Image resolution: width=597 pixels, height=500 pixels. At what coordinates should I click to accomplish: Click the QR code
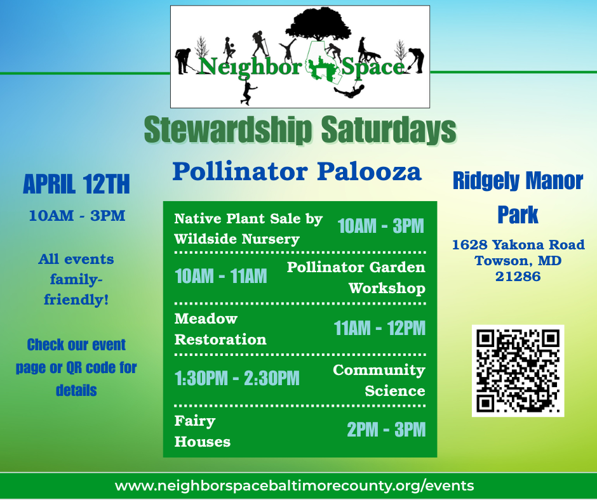pos(518,371)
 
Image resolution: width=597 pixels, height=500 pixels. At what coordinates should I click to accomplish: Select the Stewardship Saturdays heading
pos(300,129)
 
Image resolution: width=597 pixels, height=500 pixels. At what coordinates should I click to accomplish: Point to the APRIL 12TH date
pos(76,184)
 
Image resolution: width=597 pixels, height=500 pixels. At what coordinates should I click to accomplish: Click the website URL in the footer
pos(294,486)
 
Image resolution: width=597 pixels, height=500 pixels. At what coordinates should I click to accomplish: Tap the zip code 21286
pos(518,277)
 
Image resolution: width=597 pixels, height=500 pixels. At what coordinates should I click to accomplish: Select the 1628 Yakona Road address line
pos(518,245)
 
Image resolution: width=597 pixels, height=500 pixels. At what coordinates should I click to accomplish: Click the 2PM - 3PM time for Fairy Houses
pos(386,430)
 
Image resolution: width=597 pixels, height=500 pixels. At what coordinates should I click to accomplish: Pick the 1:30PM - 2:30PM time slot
pos(237,378)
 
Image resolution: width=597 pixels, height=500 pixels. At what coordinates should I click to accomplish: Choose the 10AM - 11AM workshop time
pos(221,276)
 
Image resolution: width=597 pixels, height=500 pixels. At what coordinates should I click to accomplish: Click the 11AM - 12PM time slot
pos(380,328)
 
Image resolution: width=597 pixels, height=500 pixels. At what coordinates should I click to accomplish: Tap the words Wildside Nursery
pos(237,239)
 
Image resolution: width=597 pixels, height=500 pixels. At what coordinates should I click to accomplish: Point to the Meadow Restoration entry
pos(220,329)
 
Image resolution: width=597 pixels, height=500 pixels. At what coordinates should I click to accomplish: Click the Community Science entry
pos(379,381)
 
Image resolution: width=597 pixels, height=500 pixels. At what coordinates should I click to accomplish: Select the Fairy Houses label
pos(203,431)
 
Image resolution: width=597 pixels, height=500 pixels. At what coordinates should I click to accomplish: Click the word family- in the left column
pos(76,280)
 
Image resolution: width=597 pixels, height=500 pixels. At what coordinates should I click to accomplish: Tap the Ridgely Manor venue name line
pos(518,181)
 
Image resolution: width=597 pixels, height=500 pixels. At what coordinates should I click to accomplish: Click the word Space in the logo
pos(373,67)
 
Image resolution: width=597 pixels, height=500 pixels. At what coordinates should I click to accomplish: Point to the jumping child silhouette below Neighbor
pos(248,93)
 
